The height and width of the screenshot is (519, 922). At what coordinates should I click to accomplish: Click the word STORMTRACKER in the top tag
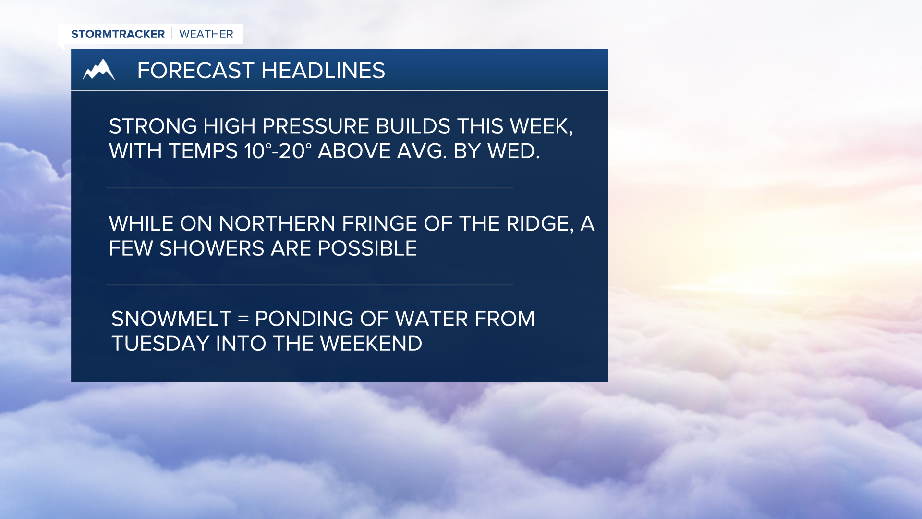pyautogui.click(x=118, y=34)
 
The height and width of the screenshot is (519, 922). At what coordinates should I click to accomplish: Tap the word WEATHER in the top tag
pyautogui.click(x=206, y=34)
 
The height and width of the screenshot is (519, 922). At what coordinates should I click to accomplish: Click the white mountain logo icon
pyautogui.click(x=99, y=70)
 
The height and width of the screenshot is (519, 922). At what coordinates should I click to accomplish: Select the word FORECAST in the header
pyautogui.click(x=195, y=71)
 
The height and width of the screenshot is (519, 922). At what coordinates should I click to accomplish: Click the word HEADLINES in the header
pyautogui.click(x=323, y=71)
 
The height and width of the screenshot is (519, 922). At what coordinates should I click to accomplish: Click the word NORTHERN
pyautogui.click(x=277, y=224)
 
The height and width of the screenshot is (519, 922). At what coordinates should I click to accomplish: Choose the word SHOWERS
pyautogui.click(x=212, y=249)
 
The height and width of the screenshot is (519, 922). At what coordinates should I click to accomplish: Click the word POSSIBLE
pyautogui.click(x=367, y=249)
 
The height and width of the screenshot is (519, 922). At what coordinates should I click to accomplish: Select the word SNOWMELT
pyautogui.click(x=171, y=319)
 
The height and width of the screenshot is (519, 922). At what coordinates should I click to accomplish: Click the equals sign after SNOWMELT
pyautogui.click(x=243, y=319)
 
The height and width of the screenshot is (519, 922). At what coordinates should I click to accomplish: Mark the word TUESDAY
pyautogui.click(x=161, y=344)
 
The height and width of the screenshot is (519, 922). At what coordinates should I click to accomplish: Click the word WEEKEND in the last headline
pyautogui.click(x=371, y=344)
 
